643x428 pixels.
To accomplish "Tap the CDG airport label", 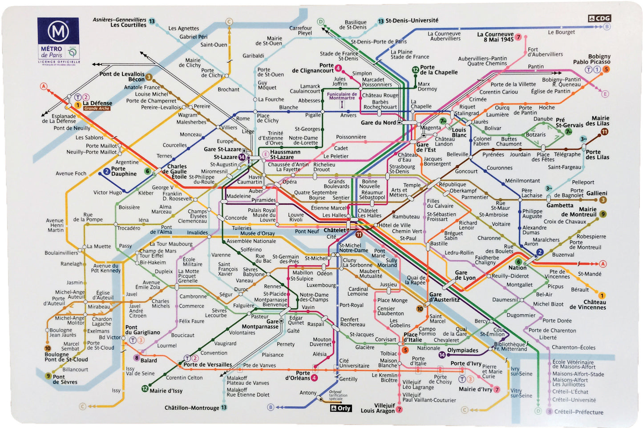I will coord(599,18).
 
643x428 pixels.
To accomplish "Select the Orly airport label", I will coord(341,408).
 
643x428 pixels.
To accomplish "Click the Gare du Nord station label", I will coord(378,123).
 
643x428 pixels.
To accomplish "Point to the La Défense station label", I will coord(97,103).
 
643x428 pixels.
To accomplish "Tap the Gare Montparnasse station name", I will coord(260,324).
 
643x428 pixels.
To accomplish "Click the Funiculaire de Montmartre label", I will coord(342,96).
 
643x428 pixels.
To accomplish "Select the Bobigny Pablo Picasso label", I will coord(591,59).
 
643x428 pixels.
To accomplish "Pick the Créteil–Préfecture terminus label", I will coord(578,412).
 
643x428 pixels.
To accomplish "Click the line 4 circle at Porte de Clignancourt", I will coord(338,68).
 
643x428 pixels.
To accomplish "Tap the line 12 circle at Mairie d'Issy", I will coord(145,388).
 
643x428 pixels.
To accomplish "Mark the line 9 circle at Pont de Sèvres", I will coord(48,376).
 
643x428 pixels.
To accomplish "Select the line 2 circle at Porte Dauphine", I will coord(106,171).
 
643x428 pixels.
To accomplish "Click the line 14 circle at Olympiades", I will coord(442,355).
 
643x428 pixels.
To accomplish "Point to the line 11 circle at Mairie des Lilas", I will coord(604,132).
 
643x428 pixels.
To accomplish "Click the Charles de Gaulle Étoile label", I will coord(174,172).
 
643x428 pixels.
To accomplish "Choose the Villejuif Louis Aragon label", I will coord(378,408).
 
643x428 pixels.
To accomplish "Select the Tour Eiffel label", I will coord(151,256).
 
